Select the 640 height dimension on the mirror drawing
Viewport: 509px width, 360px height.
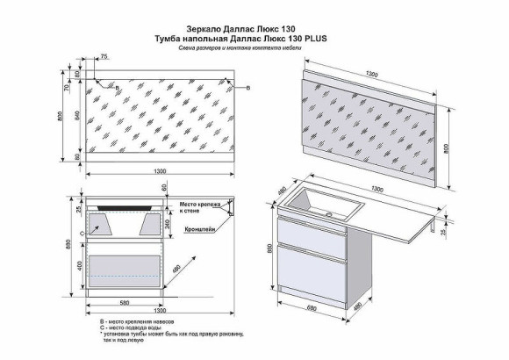[77, 114]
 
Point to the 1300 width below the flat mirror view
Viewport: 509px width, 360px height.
[160, 170]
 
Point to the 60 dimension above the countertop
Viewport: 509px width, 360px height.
[163, 187]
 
